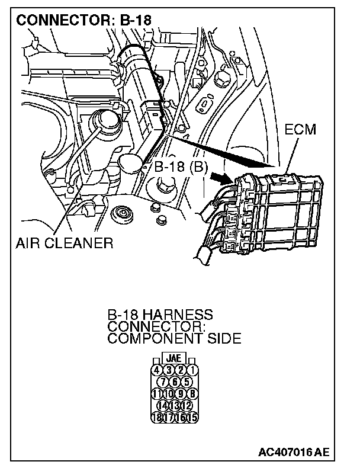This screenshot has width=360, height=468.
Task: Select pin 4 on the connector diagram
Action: (157, 371)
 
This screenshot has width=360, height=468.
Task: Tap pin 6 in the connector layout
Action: (174, 382)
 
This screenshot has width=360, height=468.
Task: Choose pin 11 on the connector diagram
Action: (157, 393)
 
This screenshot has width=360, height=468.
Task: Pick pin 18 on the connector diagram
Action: (157, 416)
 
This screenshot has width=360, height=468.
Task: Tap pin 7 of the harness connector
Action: (163, 382)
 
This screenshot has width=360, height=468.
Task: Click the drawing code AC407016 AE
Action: (292, 452)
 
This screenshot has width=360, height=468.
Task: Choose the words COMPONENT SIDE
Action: (174, 339)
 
